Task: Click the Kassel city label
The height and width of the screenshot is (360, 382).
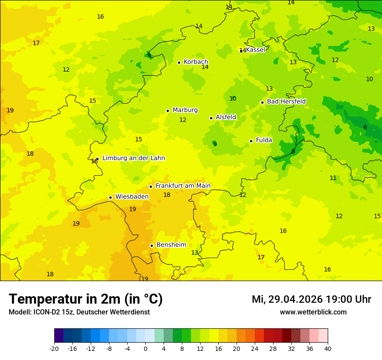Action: [x=255, y=50]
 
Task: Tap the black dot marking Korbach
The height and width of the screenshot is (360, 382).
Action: [x=179, y=62]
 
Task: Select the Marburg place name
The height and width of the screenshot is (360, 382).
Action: [x=185, y=110]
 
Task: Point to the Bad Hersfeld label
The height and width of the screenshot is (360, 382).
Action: [x=286, y=101]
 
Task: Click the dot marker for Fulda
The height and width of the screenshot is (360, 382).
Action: [x=251, y=141]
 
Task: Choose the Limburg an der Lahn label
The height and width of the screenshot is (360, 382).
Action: [x=133, y=158]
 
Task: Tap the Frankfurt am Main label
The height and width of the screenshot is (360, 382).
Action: [x=183, y=186]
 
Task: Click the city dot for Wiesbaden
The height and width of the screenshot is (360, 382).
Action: [x=110, y=197]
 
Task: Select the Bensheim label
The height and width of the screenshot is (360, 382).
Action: [x=171, y=245]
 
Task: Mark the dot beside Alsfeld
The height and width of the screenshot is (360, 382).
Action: [x=211, y=118]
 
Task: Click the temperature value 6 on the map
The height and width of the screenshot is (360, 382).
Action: [x=365, y=127]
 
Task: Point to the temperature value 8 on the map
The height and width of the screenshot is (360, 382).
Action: [x=293, y=151]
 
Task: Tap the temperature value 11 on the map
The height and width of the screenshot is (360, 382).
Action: [x=333, y=178]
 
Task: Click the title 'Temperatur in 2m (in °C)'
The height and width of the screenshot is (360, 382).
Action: [x=86, y=299]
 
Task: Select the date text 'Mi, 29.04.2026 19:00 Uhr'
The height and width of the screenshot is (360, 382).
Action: [x=311, y=299]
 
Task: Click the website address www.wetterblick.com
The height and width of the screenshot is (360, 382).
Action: [x=313, y=312]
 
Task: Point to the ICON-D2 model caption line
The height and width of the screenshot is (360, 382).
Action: [x=79, y=312]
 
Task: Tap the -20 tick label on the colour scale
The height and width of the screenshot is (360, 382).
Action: [x=54, y=348]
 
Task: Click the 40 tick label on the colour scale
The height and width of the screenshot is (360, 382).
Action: [x=328, y=348]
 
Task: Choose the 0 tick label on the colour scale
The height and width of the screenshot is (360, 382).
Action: [x=145, y=348]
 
